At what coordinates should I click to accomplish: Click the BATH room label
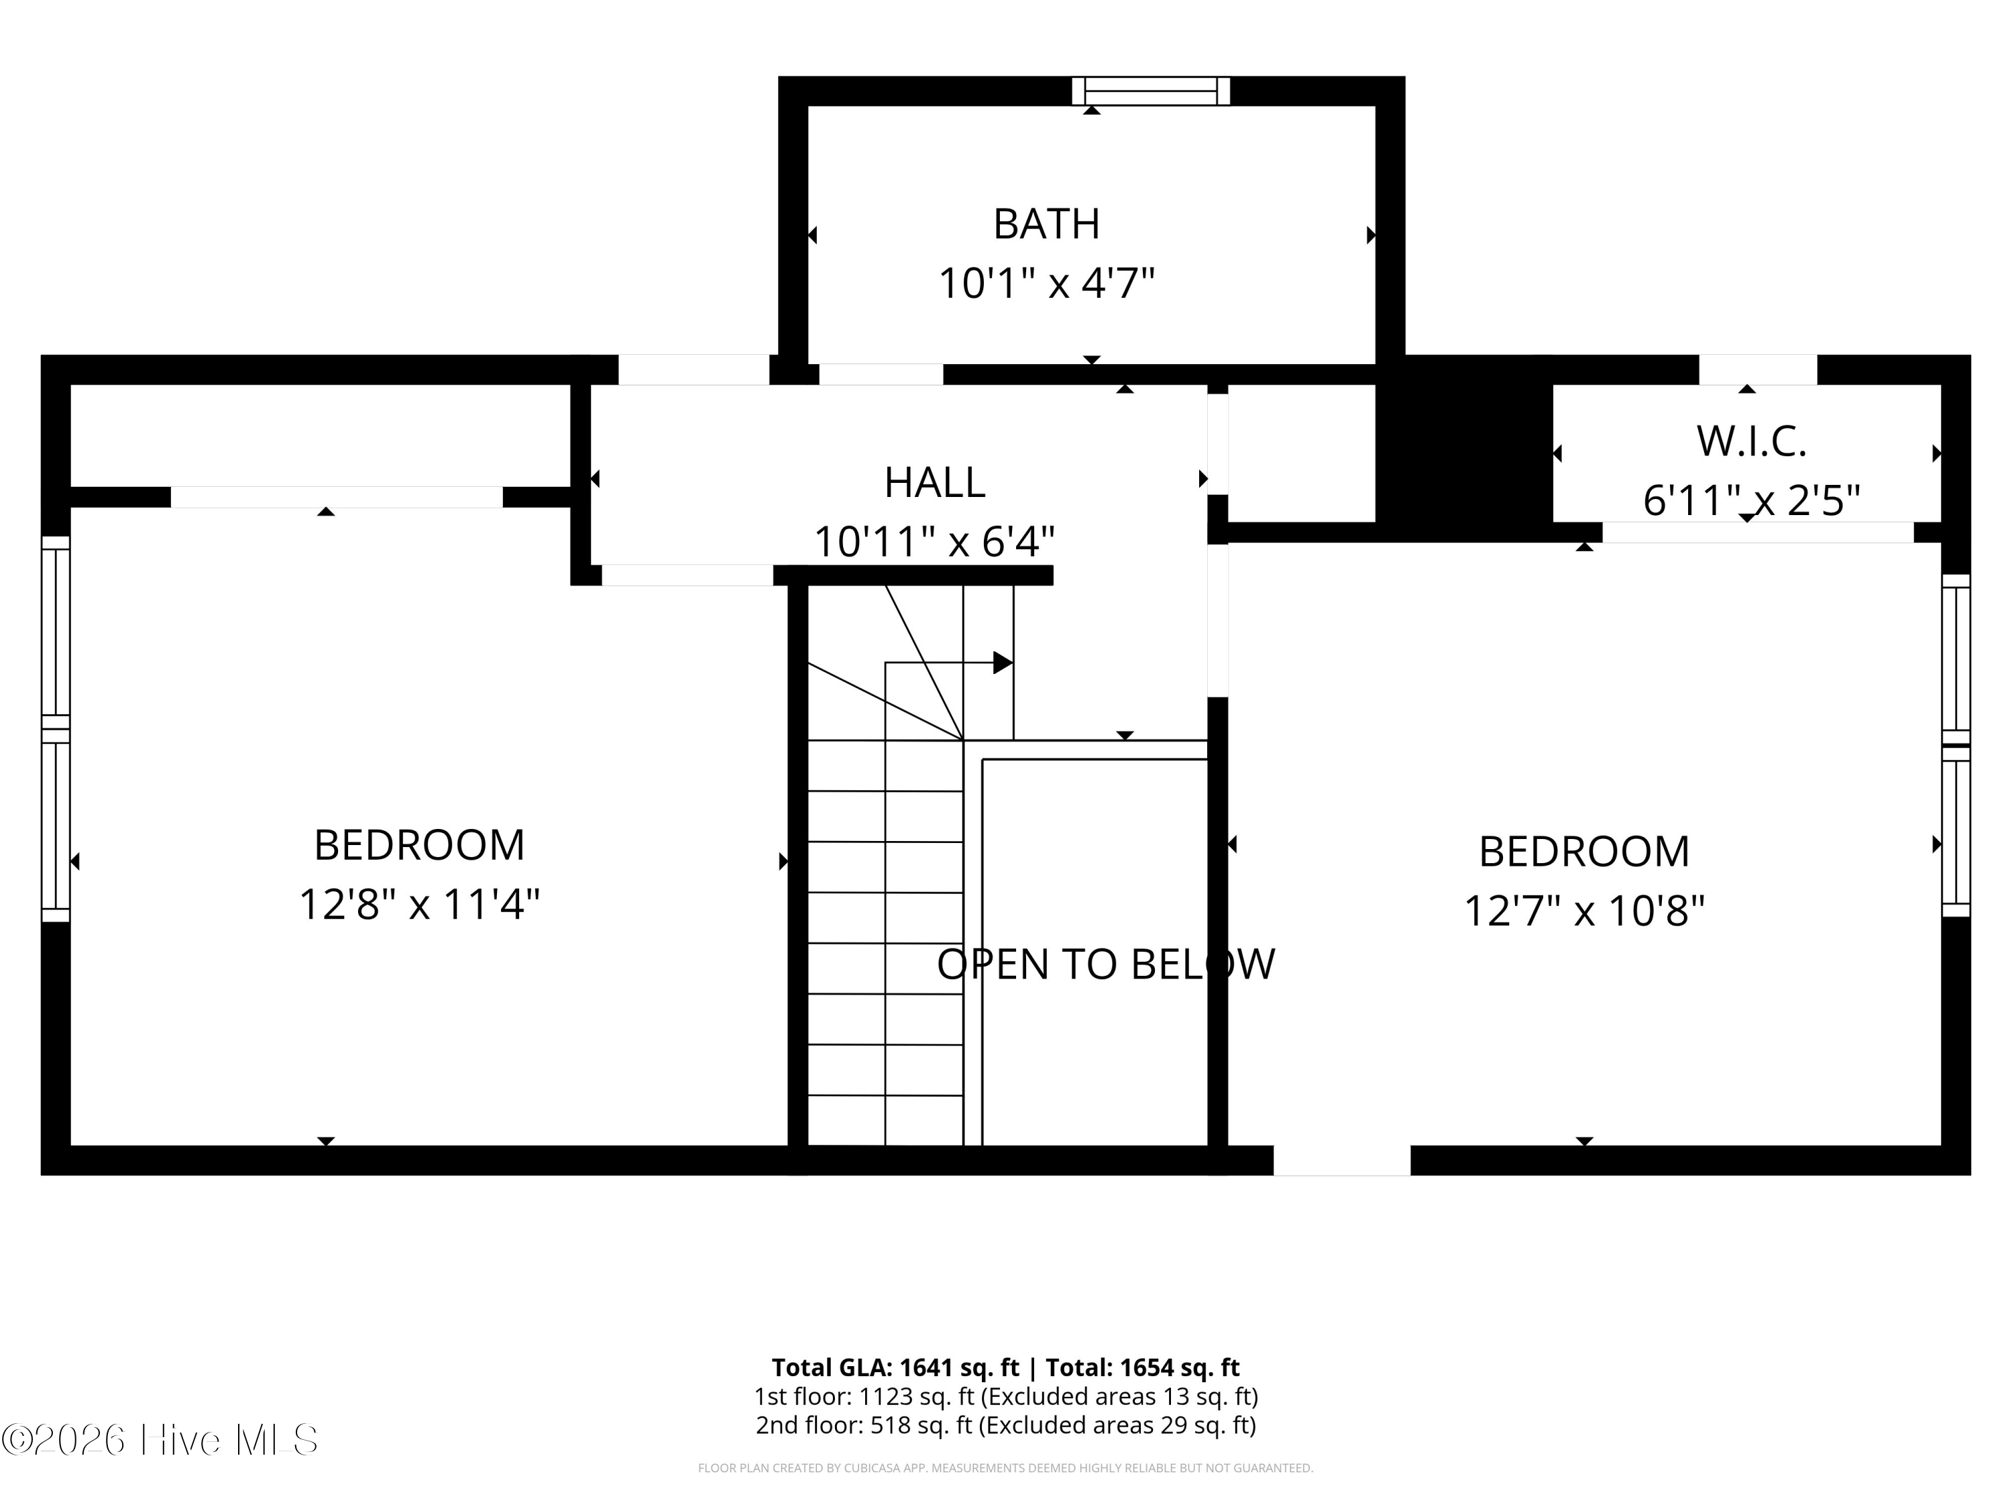tap(1046, 224)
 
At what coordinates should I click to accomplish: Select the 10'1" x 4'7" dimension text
tap(1046, 283)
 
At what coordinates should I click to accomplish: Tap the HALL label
tap(935, 482)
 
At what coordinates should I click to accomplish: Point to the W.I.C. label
tap(1751, 442)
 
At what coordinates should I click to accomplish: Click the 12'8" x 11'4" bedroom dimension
tap(419, 904)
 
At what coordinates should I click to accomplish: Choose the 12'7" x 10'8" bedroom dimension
tap(1583, 911)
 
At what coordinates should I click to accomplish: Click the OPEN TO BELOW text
tap(1106, 964)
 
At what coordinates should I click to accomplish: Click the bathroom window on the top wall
tap(1151, 91)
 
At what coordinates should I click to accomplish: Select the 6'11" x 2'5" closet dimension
tap(1751, 500)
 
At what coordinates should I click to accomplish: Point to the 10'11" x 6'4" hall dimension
tap(934, 542)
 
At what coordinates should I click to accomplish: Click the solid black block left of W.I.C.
tap(1463, 449)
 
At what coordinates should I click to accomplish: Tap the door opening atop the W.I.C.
tap(1758, 370)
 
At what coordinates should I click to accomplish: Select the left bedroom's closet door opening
tap(337, 497)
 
